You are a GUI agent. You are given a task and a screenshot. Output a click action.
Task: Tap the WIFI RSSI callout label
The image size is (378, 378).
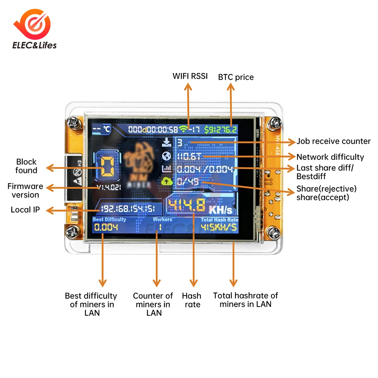pos(190,76)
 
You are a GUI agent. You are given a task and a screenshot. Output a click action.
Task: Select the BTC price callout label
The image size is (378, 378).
pos(236,77)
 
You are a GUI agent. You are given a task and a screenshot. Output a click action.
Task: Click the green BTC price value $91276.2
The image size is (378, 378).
pos(221,130)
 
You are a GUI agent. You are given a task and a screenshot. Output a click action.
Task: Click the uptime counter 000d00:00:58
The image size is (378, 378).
pos(153,130)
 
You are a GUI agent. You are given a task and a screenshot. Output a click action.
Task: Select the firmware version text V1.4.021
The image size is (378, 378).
pos(107,187)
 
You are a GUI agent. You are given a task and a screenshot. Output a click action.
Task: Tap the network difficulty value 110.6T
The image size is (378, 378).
pos(189,156)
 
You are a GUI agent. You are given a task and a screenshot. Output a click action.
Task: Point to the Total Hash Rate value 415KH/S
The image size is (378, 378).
pos(219,228)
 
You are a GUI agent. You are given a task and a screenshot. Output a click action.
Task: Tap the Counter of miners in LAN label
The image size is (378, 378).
pos(153,304)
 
